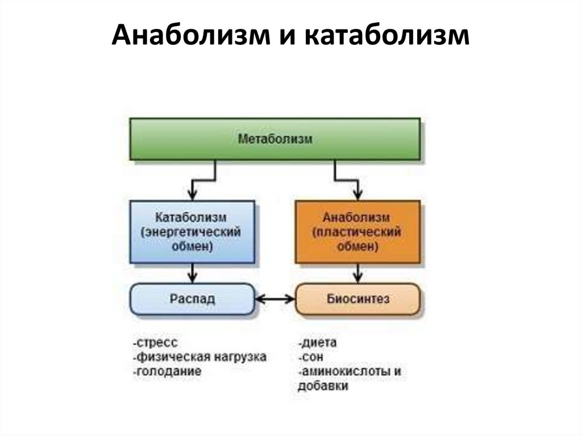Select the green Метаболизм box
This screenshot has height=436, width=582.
[x=275, y=139]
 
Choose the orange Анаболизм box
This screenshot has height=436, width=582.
[x=357, y=232]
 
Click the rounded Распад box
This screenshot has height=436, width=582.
[x=192, y=299]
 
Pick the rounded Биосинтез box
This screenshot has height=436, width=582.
[x=358, y=299]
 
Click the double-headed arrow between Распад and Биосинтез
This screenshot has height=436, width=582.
[x=275, y=299]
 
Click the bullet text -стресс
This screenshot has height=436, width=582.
[x=154, y=343]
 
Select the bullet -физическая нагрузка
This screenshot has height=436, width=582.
[x=199, y=357]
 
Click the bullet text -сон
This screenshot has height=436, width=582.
[x=309, y=357]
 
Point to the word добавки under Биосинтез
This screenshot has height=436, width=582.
[x=322, y=386]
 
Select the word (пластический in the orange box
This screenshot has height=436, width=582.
[x=357, y=232]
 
